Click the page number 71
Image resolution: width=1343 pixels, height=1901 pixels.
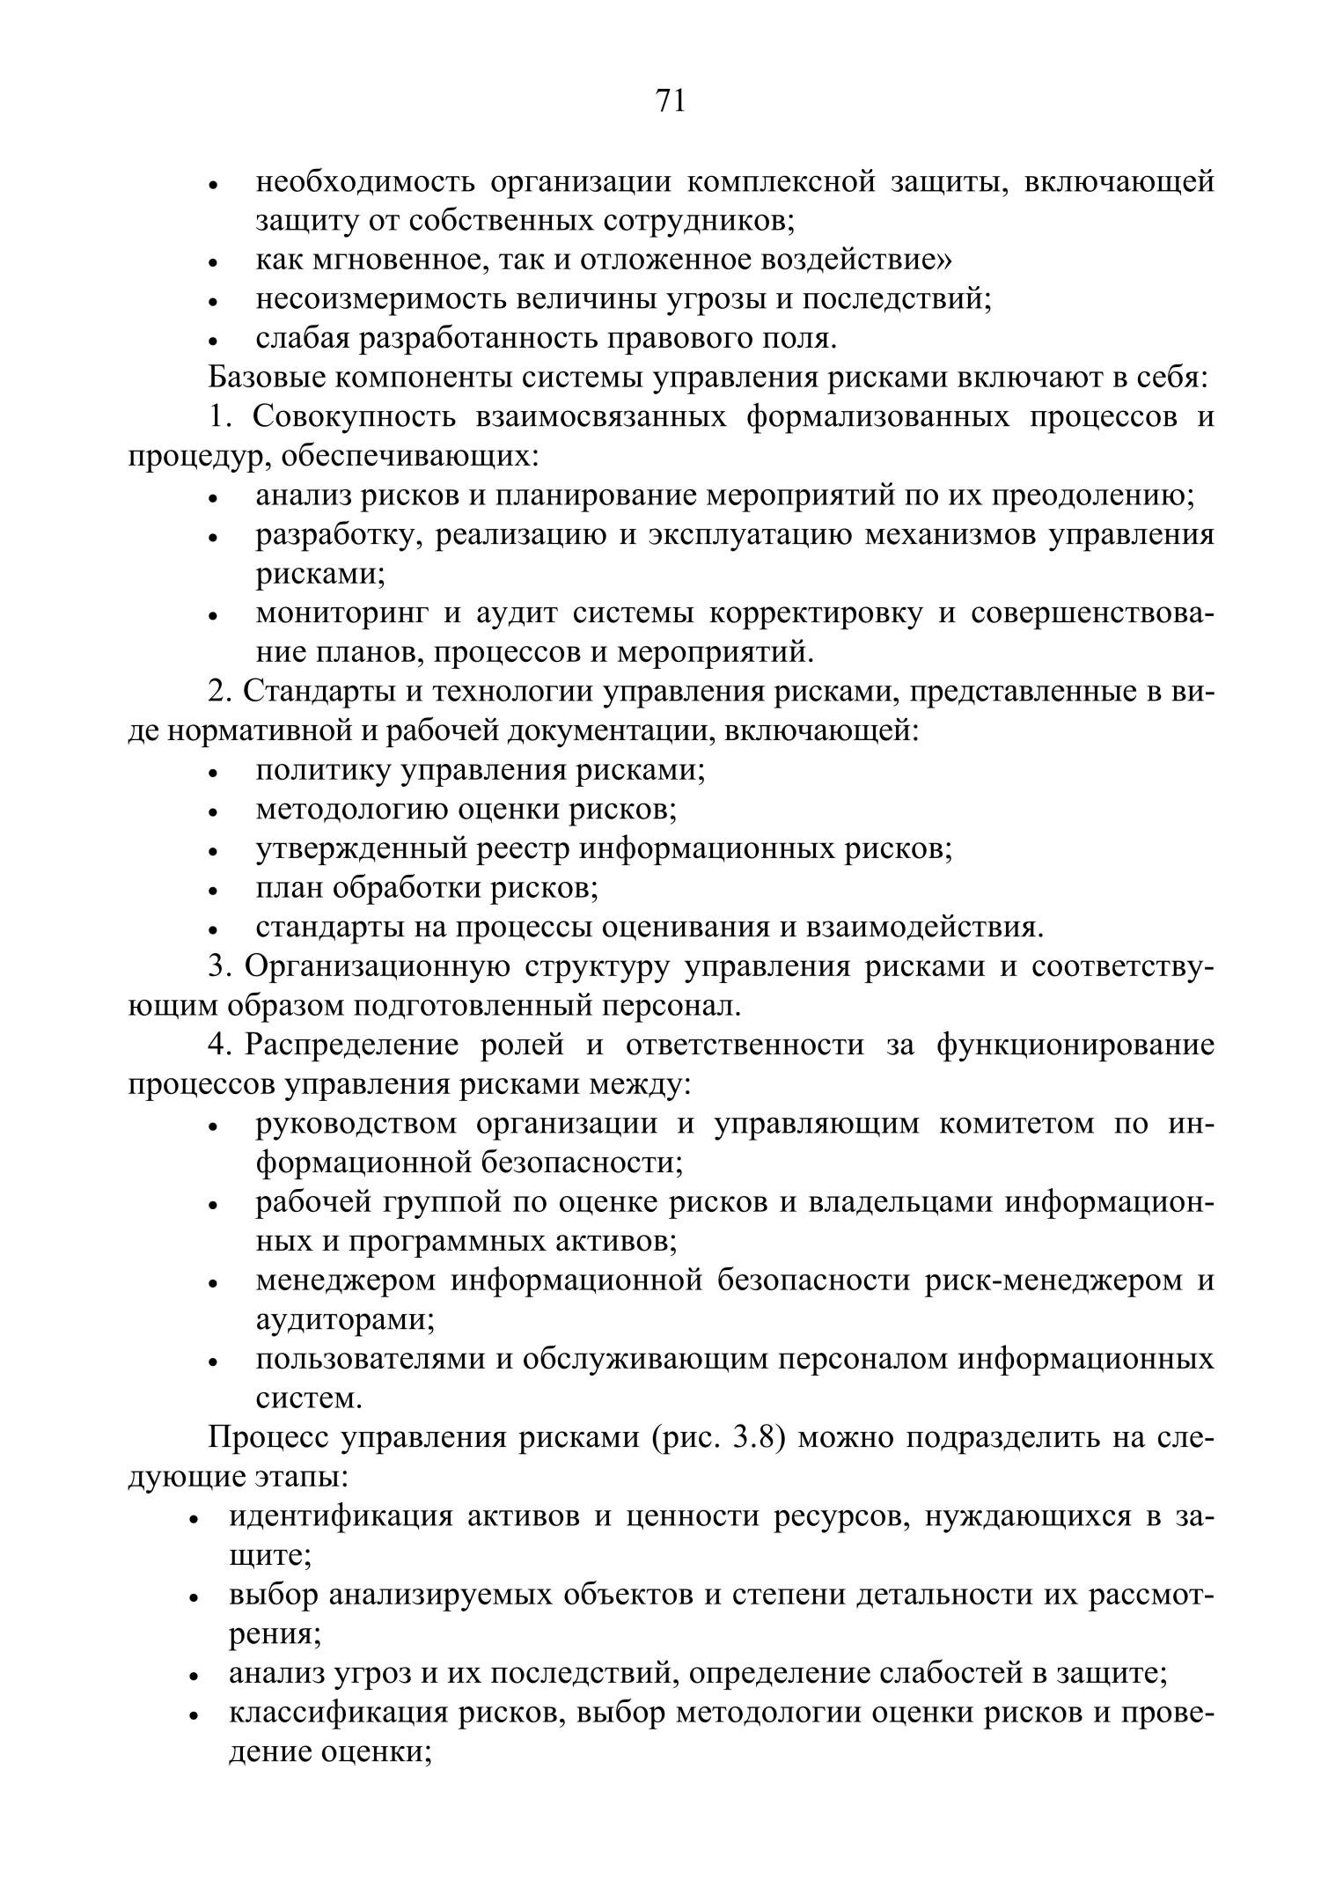coord(670,101)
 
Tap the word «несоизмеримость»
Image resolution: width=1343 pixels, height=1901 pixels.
coord(378,300)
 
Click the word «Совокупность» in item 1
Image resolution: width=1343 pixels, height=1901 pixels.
coord(354,417)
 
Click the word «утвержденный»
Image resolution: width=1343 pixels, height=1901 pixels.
coord(361,849)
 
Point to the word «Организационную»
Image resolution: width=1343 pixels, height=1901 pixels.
coord(377,966)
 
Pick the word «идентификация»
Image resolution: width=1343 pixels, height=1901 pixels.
coord(341,1516)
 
